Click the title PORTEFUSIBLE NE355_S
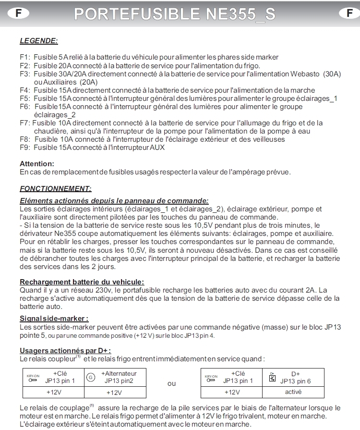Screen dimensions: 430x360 175,14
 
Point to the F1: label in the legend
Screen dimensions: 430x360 25,57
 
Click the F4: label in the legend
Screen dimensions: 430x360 25,90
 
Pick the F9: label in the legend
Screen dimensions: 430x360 25,147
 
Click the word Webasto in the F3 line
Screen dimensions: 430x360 305,74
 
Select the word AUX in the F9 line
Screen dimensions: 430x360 157,147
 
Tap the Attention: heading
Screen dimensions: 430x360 37,164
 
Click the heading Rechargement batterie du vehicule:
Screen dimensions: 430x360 82,282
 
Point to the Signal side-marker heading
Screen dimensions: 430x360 54,319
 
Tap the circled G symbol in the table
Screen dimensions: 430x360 91,378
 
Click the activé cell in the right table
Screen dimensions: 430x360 293,392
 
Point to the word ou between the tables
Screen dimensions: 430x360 171,383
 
